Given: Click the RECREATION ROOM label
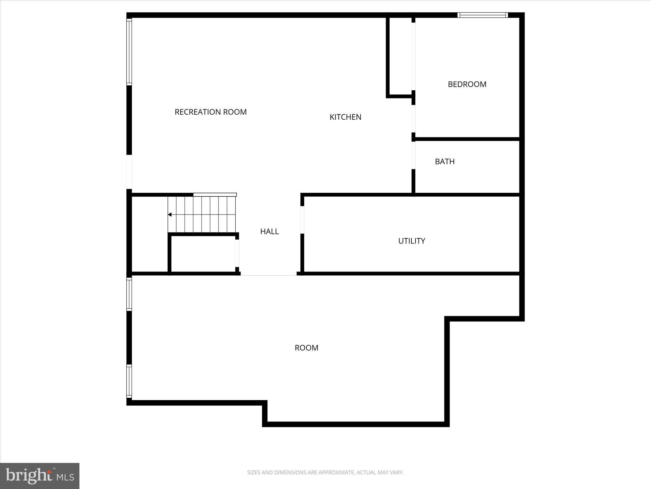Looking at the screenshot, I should (211, 112).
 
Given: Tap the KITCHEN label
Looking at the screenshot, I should (345, 117).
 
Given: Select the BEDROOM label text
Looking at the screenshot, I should (467, 84).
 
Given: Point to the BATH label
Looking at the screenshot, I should (445, 161).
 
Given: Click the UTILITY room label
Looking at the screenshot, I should (411, 241).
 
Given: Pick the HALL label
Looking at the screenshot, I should (270, 231).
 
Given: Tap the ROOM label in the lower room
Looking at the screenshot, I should (306, 348).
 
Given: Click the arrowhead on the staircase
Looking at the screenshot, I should (170, 215).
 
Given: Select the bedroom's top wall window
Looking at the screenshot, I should (482, 15).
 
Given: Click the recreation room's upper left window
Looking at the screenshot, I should (129, 52).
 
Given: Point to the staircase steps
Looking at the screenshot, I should (202, 214).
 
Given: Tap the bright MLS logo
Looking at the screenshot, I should (40, 476).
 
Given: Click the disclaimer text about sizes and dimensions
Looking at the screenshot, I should (325, 472).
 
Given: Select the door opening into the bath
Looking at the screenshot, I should (413, 155).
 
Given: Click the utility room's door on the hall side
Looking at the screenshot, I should (302, 220).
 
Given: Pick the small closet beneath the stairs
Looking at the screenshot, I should (203, 254).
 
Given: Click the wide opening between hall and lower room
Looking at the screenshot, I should (269, 275).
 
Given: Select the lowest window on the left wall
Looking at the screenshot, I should (129, 381).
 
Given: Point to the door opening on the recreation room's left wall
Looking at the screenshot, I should (129, 172).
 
